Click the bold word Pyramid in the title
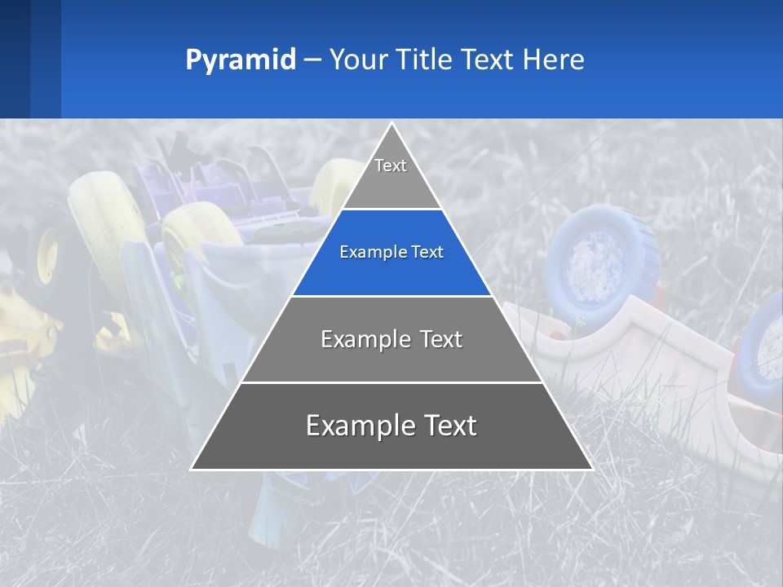[240, 60]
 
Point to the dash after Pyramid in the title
[312, 60]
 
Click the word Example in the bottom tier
[356, 426]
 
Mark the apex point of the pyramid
[391, 124]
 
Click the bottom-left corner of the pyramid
[192, 469]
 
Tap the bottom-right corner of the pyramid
[591, 469]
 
